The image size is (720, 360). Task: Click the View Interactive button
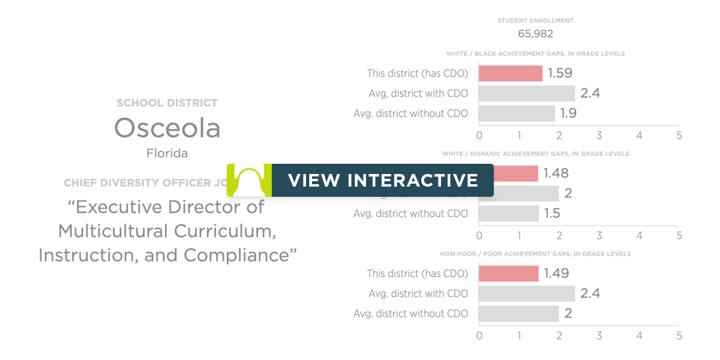[382, 180]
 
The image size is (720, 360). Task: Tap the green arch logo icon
[249, 180]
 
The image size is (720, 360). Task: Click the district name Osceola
[167, 128]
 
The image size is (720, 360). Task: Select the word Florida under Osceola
[167, 153]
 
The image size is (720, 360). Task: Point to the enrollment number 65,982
[535, 34]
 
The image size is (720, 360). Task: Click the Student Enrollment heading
[535, 20]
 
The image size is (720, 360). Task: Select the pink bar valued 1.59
[511, 73]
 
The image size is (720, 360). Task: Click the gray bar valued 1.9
[517, 113]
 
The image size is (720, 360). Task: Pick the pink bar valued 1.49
[508, 274]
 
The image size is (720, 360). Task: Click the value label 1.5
[552, 214]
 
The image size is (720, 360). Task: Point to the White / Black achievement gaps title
[535, 54]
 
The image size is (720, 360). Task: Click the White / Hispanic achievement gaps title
[535, 154]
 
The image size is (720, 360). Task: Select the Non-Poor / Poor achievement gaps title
[535, 254]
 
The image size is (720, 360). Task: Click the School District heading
[167, 103]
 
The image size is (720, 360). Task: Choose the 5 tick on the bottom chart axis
[679, 336]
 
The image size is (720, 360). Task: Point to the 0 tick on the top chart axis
[479, 136]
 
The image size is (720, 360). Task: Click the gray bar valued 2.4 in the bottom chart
[527, 293]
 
